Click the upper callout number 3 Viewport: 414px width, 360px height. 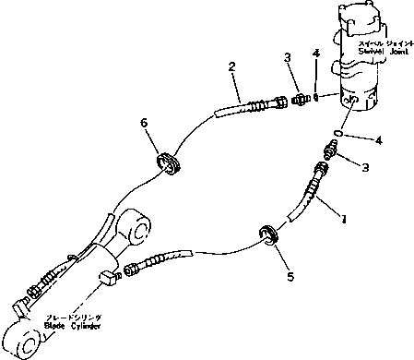(x=289, y=58)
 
